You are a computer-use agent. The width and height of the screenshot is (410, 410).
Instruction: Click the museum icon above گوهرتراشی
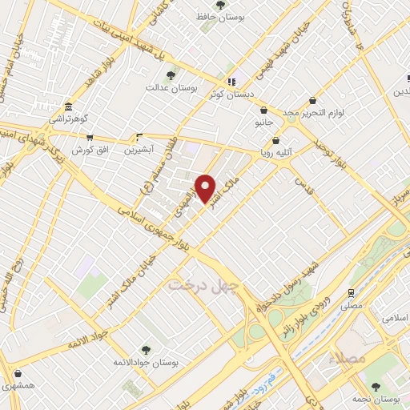click(70, 107)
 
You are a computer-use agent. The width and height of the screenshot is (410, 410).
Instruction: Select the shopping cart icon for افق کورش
click(90, 138)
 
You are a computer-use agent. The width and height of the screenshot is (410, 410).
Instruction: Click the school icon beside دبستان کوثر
click(231, 82)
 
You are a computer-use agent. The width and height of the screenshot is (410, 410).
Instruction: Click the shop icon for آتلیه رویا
click(276, 140)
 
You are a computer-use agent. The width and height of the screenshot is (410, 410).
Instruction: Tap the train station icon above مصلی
click(351, 293)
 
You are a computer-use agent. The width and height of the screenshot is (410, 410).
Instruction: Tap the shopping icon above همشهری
click(18, 374)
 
